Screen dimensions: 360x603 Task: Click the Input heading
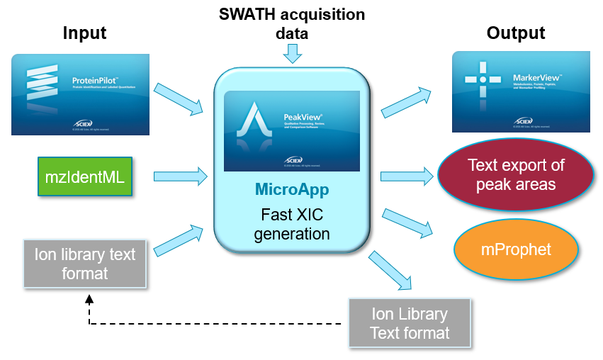[84, 33]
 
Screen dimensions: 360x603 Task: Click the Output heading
[516, 33]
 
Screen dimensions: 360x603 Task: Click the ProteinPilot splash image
[80, 95]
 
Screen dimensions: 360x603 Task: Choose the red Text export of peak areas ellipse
[515, 176]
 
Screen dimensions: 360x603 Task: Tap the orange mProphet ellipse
[516, 249]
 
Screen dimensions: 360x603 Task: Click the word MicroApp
[292, 191]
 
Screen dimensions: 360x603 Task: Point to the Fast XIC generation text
[292, 223]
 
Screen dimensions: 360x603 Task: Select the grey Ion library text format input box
[84, 264]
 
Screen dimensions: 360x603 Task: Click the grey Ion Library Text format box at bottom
[410, 323]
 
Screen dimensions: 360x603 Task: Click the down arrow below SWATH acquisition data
[292, 53]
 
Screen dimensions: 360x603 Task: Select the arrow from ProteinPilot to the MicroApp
[181, 98]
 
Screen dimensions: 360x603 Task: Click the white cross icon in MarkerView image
[483, 79]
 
